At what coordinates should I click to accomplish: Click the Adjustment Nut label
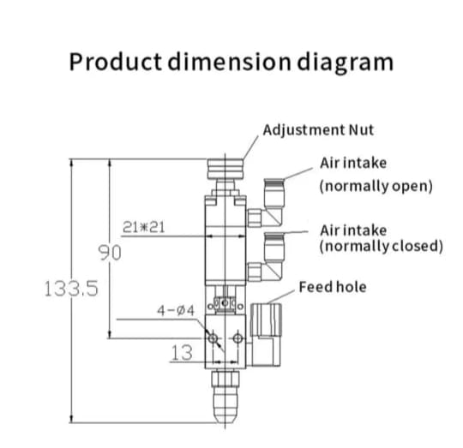(x=318, y=131)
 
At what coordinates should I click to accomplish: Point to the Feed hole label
(x=332, y=287)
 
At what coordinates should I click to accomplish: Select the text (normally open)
(x=376, y=185)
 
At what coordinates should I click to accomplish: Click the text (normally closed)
(x=381, y=247)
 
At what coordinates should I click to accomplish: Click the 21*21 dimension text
(x=143, y=227)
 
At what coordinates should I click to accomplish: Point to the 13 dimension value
(x=182, y=351)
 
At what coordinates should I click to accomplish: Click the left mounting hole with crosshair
(x=213, y=340)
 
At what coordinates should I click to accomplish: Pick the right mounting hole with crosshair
(x=238, y=340)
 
